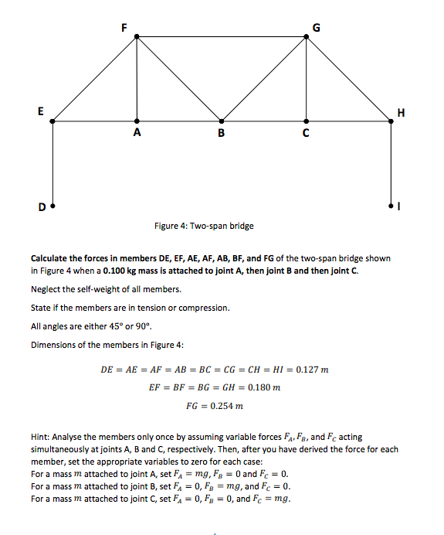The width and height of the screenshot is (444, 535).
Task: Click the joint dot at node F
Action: [x=137, y=36]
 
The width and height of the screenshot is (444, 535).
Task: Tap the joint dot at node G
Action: [x=307, y=36]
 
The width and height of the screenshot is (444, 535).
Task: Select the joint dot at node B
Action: [x=222, y=121]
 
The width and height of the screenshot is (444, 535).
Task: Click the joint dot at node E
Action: [x=52, y=121]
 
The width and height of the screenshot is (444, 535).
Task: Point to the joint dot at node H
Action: [x=391, y=121]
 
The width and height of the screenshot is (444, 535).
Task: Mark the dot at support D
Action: [x=52, y=206]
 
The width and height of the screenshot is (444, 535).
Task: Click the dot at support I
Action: [x=391, y=206]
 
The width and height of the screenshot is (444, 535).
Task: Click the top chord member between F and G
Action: [x=222, y=36]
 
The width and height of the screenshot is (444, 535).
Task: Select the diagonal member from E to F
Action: [x=94, y=79]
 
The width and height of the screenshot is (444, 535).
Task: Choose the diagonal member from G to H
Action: [x=349, y=79]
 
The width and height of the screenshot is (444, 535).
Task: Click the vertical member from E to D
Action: [x=52, y=162]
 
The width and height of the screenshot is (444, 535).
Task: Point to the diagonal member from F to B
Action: [x=179, y=79]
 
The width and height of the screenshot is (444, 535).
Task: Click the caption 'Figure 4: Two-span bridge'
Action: [x=204, y=226]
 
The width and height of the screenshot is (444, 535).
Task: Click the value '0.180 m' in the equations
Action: [x=263, y=387]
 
